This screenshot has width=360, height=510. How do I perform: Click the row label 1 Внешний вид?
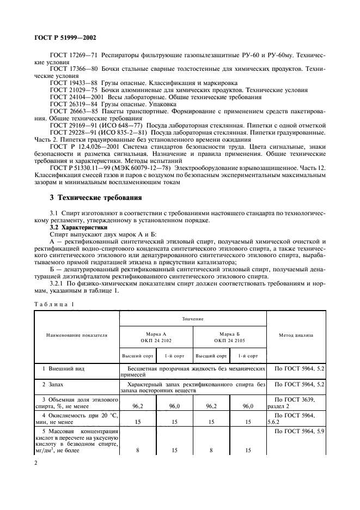coord(62,368)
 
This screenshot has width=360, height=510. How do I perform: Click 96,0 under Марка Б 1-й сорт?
coord(248,405)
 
